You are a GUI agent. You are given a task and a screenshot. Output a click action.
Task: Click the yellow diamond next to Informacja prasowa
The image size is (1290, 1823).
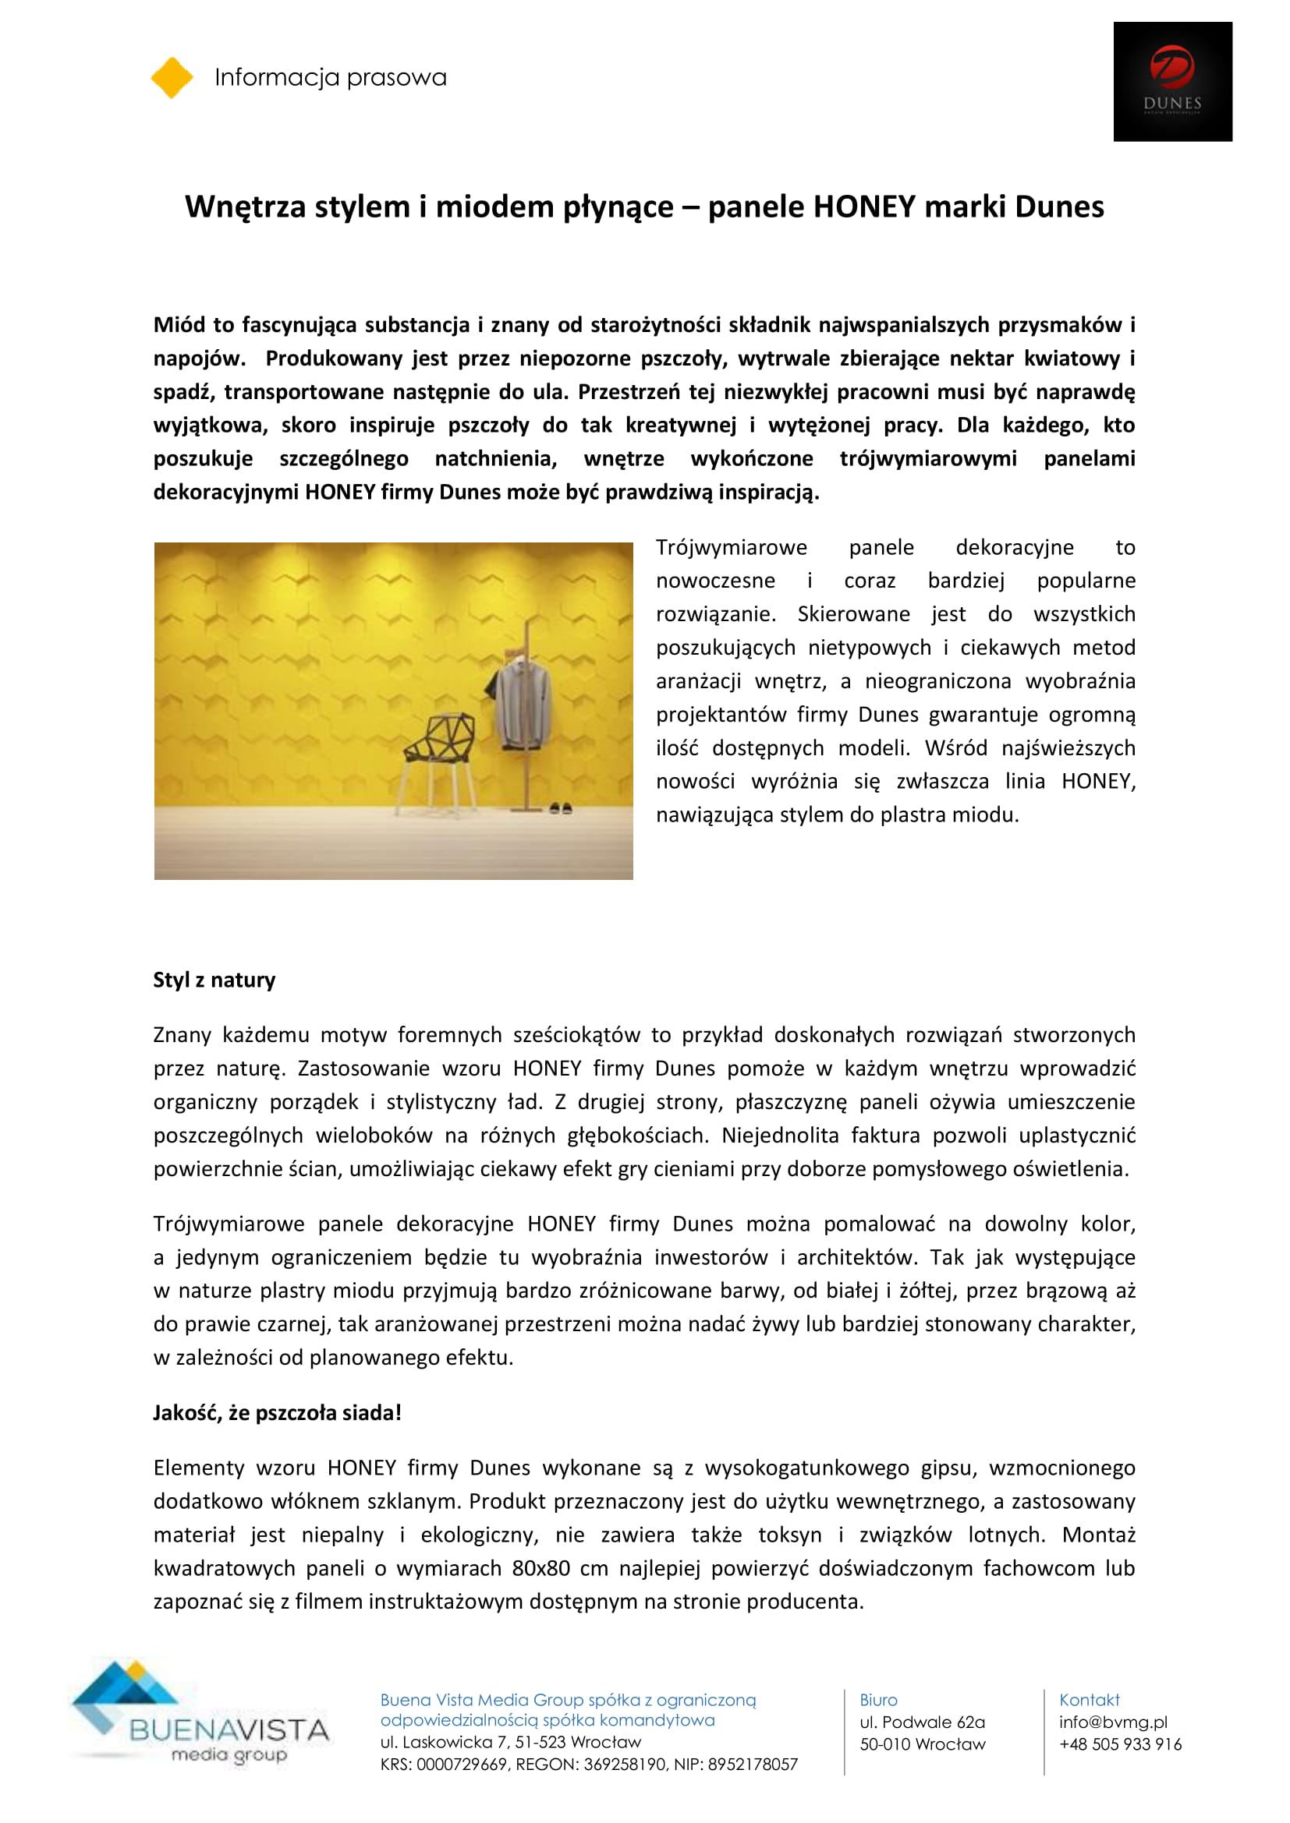coord(172,78)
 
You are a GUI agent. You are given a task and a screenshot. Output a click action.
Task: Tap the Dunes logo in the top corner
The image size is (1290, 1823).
coord(1171,81)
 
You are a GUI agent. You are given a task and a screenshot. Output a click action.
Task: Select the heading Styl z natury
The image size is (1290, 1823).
coord(214,980)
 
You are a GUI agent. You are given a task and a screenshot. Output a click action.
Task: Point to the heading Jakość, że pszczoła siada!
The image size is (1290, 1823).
coord(277,1412)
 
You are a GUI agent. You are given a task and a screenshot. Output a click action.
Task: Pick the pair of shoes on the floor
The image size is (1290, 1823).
coord(561,808)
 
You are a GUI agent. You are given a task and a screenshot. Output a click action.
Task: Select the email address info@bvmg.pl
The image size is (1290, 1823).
coord(1113,1722)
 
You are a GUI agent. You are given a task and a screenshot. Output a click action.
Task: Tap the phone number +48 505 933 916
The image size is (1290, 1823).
coord(1120,1744)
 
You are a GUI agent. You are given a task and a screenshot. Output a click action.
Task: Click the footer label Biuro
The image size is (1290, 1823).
coord(877,1700)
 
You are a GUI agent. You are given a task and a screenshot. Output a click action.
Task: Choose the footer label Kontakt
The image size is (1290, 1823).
coord(1089,1700)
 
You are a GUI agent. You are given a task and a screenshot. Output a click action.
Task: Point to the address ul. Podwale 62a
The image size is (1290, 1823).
coord(922,1722)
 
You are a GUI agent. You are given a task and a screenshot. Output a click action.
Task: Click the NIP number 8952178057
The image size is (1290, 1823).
coord(752,1765)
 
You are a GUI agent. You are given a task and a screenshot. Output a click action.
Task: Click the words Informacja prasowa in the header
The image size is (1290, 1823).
coord(331,77)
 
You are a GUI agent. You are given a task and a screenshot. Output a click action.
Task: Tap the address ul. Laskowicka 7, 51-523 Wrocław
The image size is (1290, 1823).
coord(511,1742)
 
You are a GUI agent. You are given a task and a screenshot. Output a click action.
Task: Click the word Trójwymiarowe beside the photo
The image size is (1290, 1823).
coord(731,547)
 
